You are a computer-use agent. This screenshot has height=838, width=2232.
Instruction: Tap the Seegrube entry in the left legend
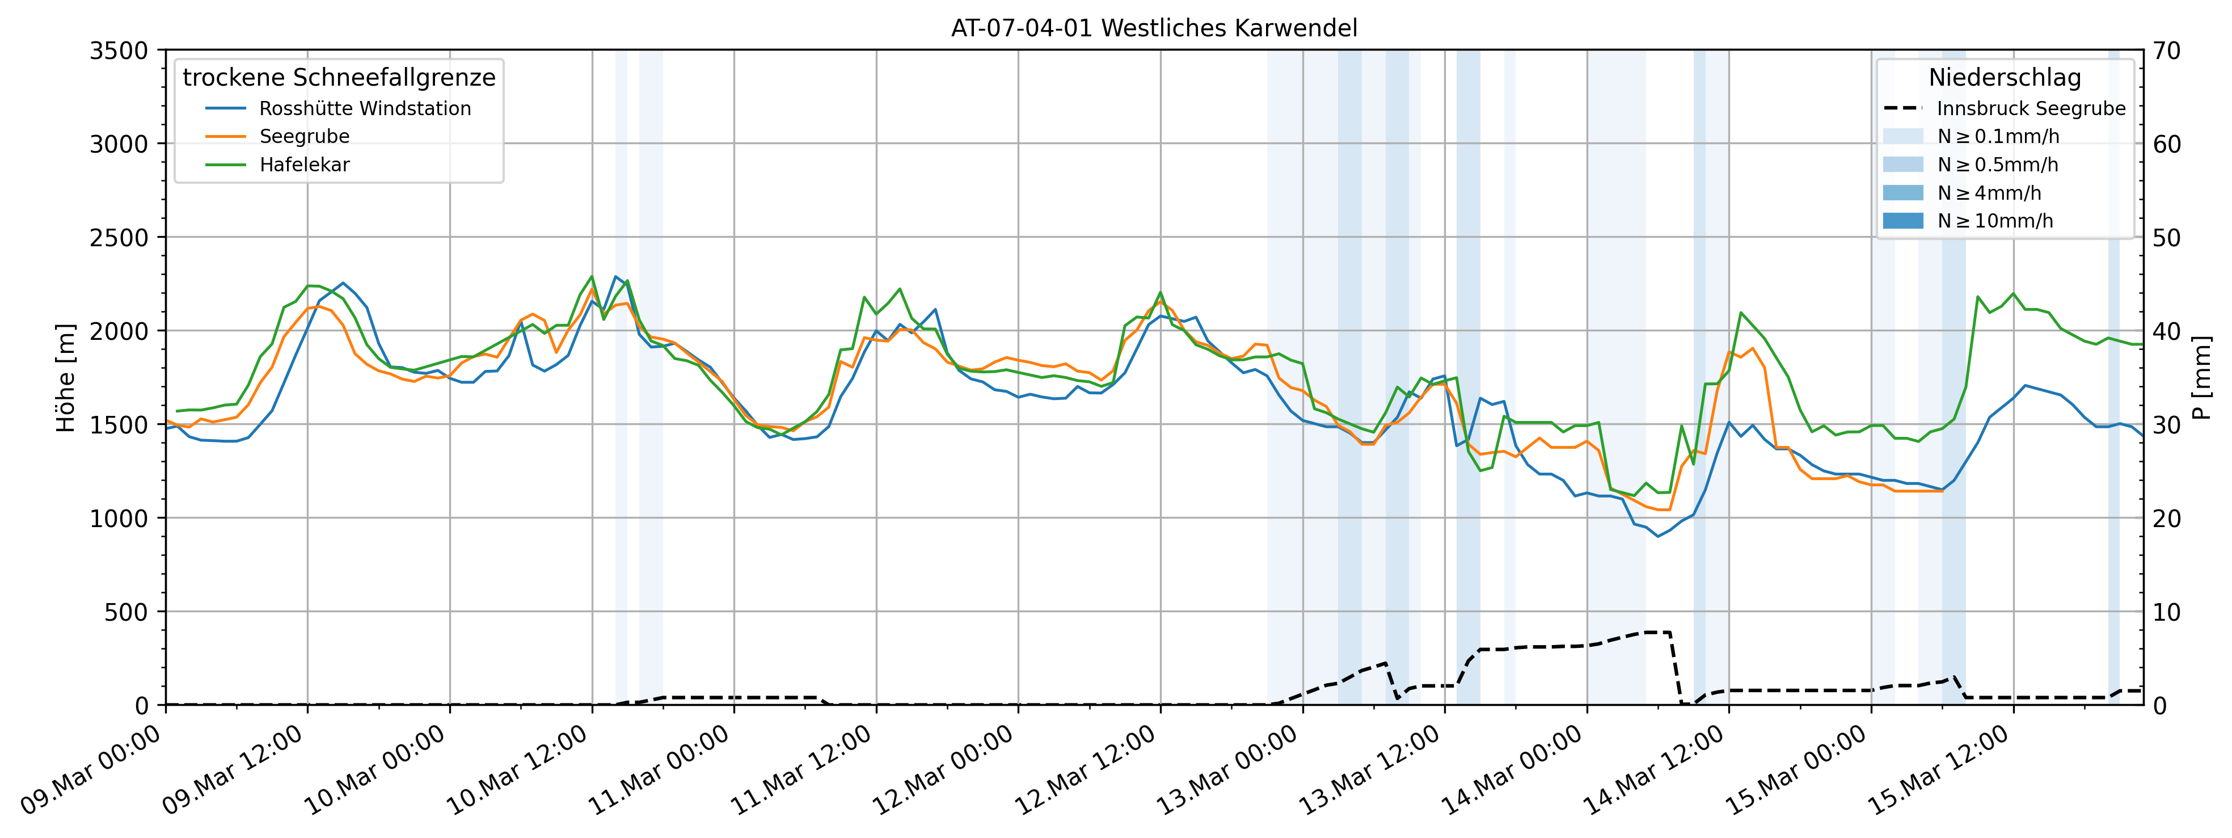(x=304, y=137)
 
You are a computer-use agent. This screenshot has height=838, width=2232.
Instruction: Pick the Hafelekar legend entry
(x=304, y=165)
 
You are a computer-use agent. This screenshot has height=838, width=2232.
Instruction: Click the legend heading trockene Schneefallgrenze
(x=339, y=78)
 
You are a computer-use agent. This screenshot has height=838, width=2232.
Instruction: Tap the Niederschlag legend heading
(x=2004, y=78)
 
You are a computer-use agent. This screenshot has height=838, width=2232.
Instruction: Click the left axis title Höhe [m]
(x=66, y=378)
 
